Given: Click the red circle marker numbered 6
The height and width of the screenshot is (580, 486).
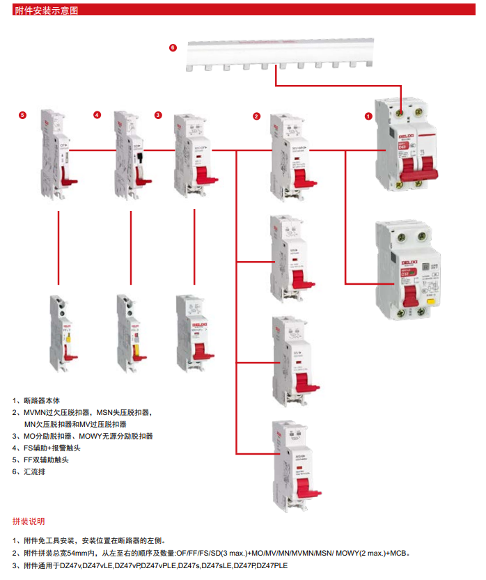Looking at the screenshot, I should click(173, 47).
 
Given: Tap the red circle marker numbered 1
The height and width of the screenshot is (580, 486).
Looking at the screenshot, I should click(368, 117).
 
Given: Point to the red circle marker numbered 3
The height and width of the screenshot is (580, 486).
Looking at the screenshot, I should click(158, 115).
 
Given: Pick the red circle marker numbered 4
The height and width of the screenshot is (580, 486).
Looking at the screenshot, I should click(97, 115).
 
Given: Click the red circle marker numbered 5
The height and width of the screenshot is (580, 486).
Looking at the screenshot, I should click(22, 115).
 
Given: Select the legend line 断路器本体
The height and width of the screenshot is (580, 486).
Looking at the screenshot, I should click(42, 401).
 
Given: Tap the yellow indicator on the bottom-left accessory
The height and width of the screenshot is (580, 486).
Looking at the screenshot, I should click(68, 339).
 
